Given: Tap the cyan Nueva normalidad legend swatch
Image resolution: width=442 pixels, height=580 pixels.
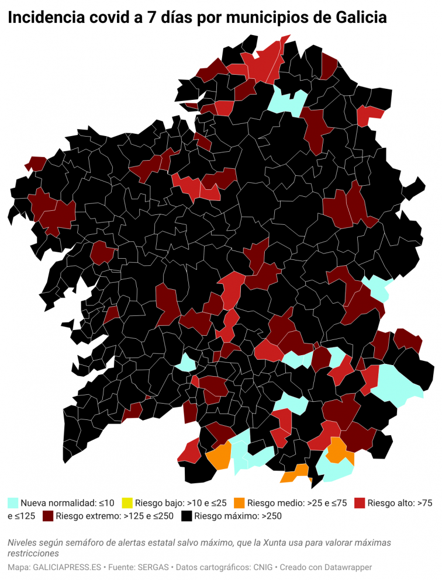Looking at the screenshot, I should click(x=13, y=502).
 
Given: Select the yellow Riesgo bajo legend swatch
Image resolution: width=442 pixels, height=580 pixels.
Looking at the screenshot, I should click(x=127, y=502).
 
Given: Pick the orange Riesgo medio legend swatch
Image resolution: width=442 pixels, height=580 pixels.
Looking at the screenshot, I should click(x=239, y=502).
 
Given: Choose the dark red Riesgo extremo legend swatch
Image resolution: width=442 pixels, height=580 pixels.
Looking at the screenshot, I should click(x=48, y=516).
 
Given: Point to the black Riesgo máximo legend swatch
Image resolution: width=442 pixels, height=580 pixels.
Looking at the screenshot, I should click(x=187, y=516).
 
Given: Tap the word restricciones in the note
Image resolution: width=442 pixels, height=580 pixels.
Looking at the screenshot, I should click(x=33, y=553).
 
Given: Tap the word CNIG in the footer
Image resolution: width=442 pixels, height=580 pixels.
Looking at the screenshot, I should click(x=268, y=567).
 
